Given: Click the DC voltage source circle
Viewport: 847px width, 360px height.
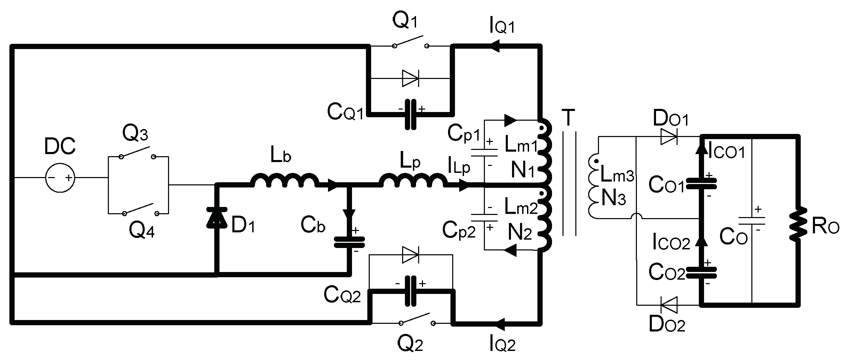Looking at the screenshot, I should pos(60,178).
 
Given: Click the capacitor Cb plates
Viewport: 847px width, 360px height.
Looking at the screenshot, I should pos(349,242).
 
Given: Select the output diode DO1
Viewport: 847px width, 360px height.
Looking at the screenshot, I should pos(669,137).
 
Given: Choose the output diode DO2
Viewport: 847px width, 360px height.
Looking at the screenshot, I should pos(669,305).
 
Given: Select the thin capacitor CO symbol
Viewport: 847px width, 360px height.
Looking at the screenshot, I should pos(751,221).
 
